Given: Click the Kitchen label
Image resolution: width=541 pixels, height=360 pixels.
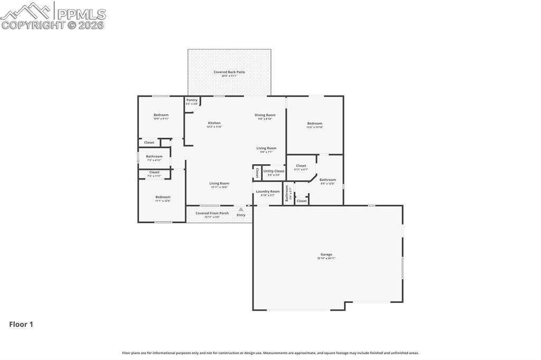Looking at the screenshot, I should (214, 123).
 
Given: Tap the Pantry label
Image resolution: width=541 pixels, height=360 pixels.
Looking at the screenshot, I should (191, 100).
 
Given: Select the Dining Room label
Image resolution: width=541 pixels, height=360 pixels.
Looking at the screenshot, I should (265, 115).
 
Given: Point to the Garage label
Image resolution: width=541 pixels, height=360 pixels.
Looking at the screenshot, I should (326, 254).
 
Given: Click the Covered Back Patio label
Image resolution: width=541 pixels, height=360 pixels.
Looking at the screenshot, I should (229, 72).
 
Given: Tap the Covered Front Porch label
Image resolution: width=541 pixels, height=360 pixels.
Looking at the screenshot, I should (212, 213).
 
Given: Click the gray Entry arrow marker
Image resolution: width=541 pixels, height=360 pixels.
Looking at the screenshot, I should (241, 210).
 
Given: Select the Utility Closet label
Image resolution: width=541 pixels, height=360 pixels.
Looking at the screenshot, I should (274, 171).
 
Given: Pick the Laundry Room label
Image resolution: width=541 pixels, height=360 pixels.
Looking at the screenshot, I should (268, 192).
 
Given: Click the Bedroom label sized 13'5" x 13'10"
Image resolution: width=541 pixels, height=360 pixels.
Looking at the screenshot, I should (315, 124).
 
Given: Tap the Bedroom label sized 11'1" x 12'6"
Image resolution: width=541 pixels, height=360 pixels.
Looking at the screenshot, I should (163, 197).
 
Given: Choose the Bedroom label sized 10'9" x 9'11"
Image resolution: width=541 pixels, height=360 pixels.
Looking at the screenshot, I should (161, 115).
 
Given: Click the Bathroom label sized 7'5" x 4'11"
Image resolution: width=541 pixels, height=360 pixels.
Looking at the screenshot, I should (154, 156).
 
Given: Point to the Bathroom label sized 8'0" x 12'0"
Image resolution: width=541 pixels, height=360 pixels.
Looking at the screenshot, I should (328, 180).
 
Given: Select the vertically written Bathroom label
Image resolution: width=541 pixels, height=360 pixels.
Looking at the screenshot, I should (287, 193).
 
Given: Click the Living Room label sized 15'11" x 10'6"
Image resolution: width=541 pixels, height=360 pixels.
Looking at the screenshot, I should (219, 184).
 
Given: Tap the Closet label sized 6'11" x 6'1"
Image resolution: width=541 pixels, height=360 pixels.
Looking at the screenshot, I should (301, 166).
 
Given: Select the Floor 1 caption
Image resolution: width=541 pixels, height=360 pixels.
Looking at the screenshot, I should (21, 325).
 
